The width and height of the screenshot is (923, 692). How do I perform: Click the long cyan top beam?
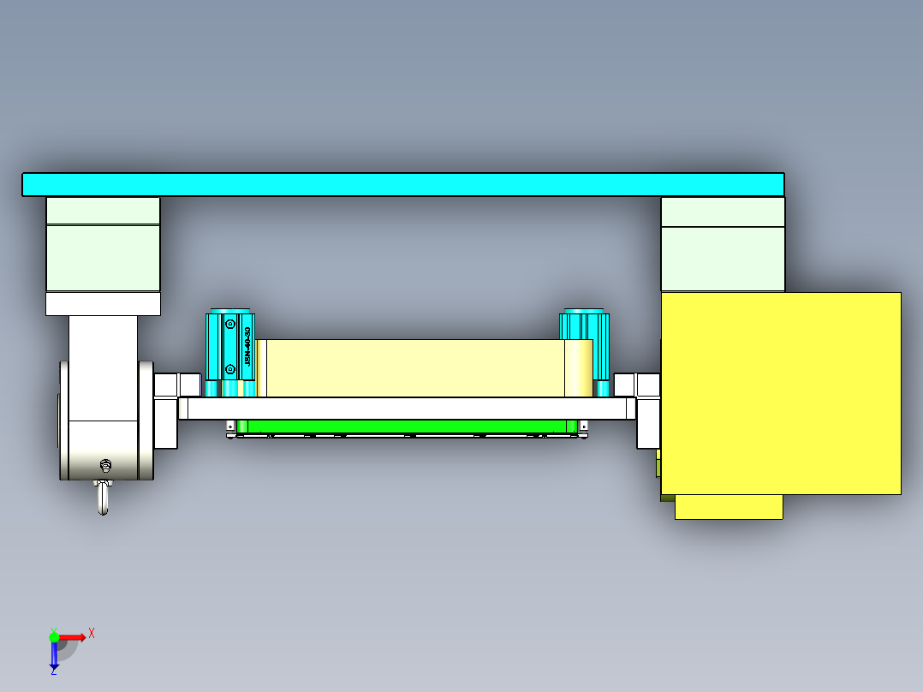tap(402, 184)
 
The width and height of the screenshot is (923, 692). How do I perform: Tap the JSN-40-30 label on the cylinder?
tap(248, 346)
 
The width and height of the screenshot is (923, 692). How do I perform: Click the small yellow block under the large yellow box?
tap(729, 507)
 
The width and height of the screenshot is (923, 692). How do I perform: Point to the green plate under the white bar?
tap(407, 426)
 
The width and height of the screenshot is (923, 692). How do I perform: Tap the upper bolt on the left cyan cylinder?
tap(229, 324)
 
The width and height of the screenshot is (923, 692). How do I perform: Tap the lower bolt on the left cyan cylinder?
tap(229, 369)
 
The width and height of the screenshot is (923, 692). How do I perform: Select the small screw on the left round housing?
tap(105, 466)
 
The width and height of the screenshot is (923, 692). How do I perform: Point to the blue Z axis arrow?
tap(54, 656)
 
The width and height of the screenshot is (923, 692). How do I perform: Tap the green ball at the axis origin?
tap(54, 637)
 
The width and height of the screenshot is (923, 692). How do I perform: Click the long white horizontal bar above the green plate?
tap(407, 409)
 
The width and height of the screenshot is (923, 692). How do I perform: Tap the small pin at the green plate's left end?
tap(230, 427)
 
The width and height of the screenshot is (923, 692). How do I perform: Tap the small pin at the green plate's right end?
tap(584, 427)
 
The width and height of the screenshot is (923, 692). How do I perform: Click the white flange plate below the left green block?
tap(103, 303)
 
